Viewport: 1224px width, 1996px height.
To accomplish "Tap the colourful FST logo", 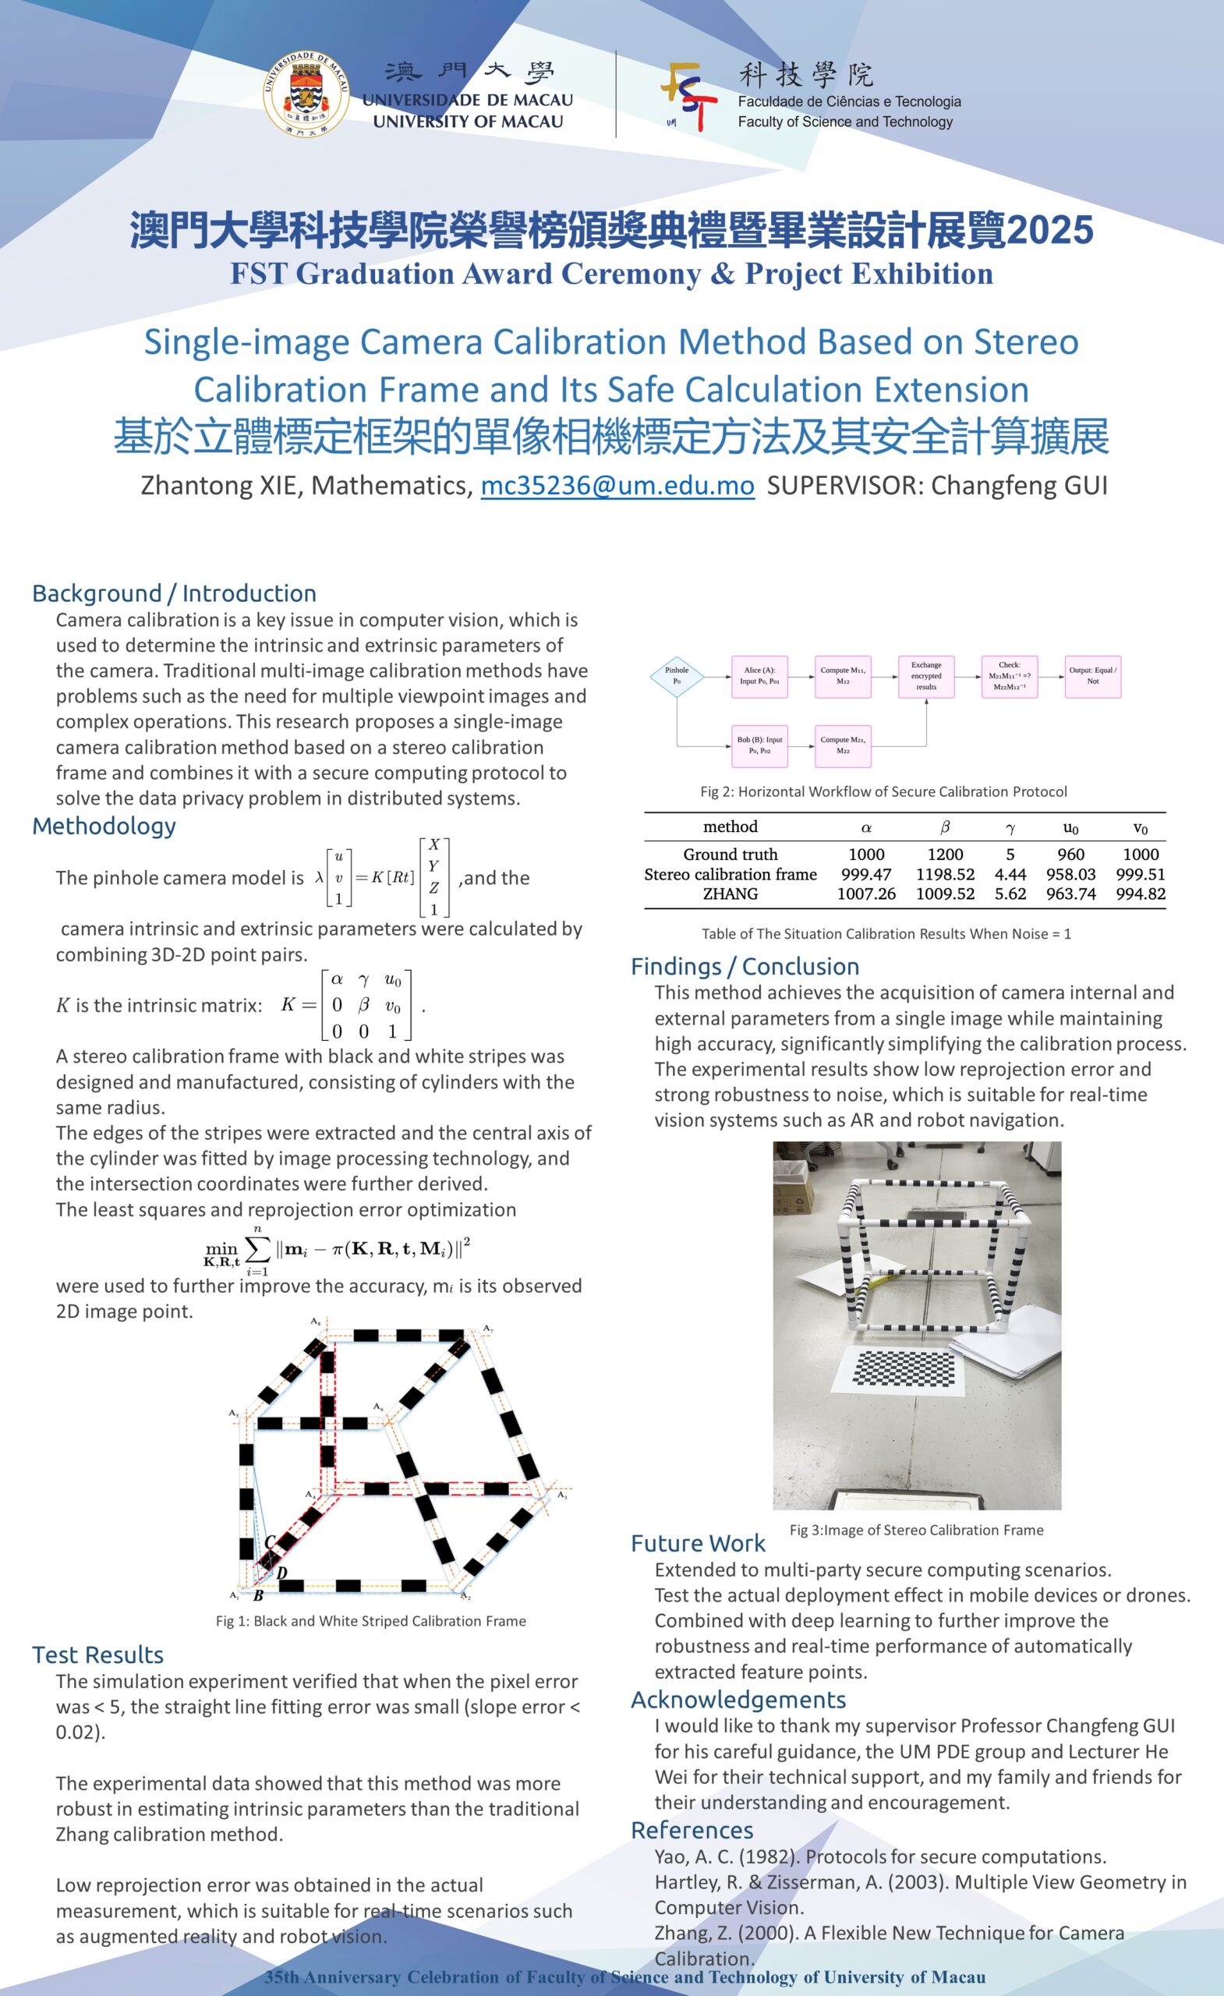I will coord(689,97).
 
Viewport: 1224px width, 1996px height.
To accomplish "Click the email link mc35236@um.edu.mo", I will coord(617,485).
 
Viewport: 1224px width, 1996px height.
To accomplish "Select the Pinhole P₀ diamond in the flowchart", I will coord(677,675).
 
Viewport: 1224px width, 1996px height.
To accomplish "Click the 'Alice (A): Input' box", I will coord(759,675).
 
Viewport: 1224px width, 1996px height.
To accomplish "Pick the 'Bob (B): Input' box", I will coord(759,745).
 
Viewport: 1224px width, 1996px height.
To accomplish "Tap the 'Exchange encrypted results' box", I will coord(926,675).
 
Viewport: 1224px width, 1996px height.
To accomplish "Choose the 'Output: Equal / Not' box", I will coord(1092,675).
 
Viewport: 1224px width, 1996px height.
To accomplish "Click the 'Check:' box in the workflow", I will coord(1010,675).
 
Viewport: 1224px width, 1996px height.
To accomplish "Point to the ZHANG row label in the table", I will coord(730,894).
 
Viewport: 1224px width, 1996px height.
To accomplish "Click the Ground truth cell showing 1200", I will coord(945,854).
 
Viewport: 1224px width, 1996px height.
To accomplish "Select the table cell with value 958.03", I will coord(1070,874).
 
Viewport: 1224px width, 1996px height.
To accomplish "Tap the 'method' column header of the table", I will coord(730,826).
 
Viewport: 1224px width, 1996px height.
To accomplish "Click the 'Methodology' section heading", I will coord(104,826).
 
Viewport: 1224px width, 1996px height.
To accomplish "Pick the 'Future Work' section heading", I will coord(698,1543).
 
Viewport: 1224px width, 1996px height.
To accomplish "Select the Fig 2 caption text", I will coord(883,791).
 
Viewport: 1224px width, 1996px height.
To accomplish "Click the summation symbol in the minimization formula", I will coord(256,1249).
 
